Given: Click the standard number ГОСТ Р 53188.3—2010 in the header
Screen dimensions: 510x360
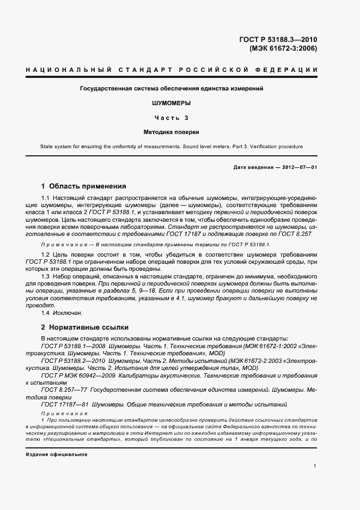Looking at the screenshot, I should [278, 39].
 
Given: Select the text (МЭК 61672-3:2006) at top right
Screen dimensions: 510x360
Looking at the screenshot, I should [283, 48].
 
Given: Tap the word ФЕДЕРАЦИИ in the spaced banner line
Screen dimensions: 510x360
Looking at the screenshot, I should [290, 70].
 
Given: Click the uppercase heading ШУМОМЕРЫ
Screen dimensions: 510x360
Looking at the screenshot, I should [172, 102].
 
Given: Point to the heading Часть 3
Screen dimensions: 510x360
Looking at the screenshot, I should [172, 117].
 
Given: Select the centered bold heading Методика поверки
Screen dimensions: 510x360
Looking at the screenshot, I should [172, 132].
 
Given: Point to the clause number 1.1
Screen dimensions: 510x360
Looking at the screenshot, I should [46, 197].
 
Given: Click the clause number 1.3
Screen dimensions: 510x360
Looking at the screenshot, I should [46, 277].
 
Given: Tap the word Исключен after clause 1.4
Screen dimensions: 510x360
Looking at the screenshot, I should [68, 313].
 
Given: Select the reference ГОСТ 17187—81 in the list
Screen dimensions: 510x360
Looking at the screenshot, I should [64, 404].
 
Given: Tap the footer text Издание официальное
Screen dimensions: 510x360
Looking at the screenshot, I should [56, 454].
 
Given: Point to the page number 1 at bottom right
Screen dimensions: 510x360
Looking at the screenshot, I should [315, 466].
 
